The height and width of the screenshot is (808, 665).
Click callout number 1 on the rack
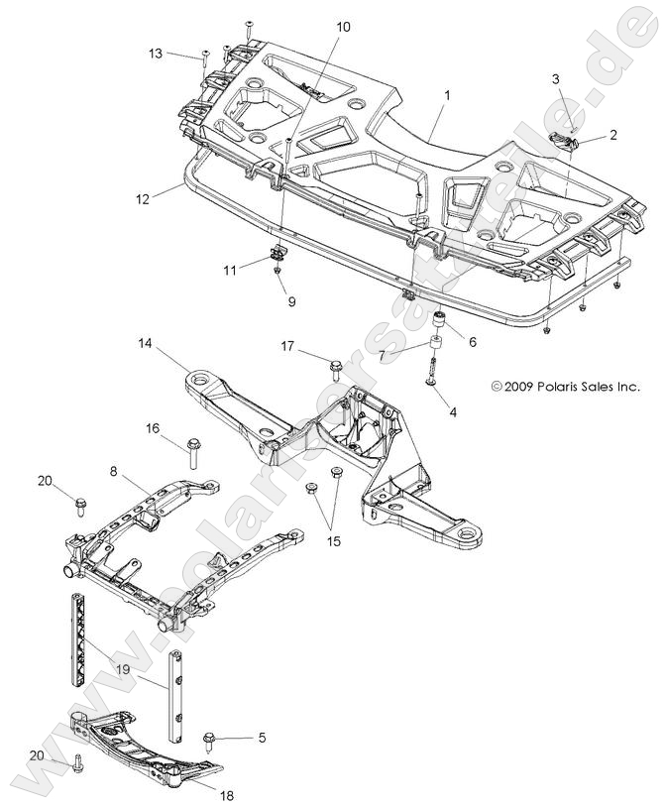point(447,96)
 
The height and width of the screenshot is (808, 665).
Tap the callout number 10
point(343,27)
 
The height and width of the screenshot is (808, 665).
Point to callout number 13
point(157,52)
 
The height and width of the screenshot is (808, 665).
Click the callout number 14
point(145,344)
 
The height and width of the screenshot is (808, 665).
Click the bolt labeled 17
point(334,368)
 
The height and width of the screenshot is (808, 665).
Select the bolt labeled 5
point(211,739)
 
